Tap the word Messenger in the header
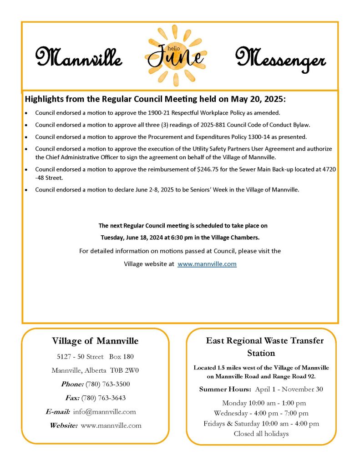(x=280, y=59)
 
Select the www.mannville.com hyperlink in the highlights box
(x=207, y=264)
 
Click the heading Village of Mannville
(x=95, y=341)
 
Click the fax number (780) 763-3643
(x=103, y=398)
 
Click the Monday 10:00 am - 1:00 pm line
(x=264, y=403)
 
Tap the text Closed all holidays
(x=261, y=434)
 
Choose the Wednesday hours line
(x=261, y=413)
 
